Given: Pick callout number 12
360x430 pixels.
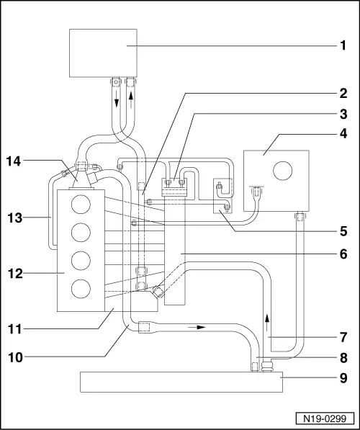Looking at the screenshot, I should pos(14,274).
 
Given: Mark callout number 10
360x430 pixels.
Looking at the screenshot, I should pos(14,356).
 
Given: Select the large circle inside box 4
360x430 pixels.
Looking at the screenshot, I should pos(282,171).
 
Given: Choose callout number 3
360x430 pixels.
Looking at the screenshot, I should pos(344,114).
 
